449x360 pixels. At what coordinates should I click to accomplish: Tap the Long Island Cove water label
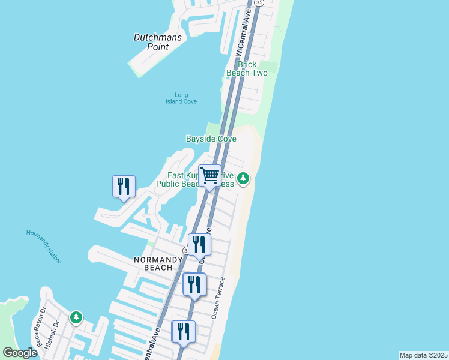pos(181,98)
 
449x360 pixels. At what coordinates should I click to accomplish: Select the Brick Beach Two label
pos(247,68)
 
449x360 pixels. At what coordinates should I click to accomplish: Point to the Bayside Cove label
pos(211,139)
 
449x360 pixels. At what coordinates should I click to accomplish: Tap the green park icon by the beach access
pos(243,178)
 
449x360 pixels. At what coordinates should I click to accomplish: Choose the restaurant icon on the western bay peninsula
pos(124,187)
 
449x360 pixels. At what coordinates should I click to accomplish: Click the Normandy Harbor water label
pos(44,246)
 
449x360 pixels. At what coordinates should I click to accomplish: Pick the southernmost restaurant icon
pos(184,332)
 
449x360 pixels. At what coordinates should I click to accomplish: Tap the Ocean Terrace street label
pos(217,298)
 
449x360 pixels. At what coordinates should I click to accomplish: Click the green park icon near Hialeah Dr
pos(76,317)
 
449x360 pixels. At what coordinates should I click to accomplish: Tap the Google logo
pos(20,353)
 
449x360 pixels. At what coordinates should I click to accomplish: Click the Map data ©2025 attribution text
pos(423,355)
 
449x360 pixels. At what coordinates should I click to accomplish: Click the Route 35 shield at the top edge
pos(259,3)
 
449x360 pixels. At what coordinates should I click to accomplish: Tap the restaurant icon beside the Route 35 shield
pos(199,245)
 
